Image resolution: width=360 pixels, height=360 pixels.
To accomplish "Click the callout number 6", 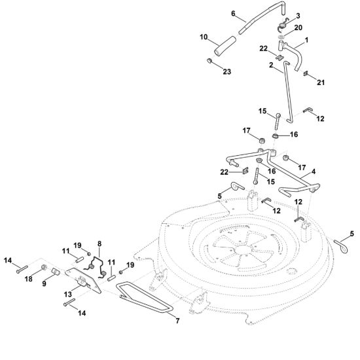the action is pos(233,14).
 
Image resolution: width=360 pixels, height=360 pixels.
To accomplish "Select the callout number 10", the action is pos(204,37).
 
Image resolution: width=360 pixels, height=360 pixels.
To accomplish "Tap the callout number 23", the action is pos(227,71).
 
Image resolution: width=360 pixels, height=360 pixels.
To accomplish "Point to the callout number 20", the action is pos(298,27).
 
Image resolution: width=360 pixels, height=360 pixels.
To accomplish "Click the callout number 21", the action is pos(321,82).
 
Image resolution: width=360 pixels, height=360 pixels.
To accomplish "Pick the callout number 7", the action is pos(177,321).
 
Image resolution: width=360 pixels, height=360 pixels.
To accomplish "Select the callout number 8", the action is pos(99,243).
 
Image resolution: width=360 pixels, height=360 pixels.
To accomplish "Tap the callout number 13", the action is pos(68,294).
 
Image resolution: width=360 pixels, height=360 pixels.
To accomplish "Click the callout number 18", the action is pos(28,279).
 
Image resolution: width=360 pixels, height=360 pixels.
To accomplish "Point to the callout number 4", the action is pos(314,171).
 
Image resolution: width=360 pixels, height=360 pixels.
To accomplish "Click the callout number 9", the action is pos(44,283).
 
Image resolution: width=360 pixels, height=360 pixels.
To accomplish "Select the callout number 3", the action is pos(298,16).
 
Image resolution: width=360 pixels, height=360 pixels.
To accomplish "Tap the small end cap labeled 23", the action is pos(209,61).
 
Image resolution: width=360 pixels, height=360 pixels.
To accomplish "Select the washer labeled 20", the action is pos(281,37).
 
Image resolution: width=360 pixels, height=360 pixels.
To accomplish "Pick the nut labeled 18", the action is pos(44,268).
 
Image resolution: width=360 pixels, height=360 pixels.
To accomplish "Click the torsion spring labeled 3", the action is pos(282,24).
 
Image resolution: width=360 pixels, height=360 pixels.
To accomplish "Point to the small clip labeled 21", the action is pos(306,73).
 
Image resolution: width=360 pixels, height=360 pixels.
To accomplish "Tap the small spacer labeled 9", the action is pos(56,271).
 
